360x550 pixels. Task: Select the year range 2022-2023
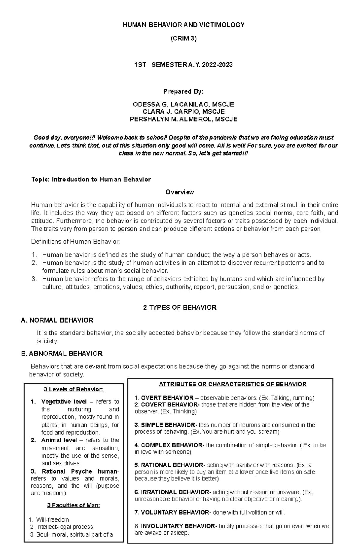click(217, 64)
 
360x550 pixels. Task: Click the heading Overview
click(180, 192)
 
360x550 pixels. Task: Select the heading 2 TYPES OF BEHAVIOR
click(180, 308)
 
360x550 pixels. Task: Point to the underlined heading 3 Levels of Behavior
click(73, 389)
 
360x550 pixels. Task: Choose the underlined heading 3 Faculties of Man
click(73, 505)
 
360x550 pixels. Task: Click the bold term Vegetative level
click(64, 401)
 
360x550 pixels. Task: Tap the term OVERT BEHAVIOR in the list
click(167, 398)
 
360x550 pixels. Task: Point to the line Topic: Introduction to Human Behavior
click(91, 179)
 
